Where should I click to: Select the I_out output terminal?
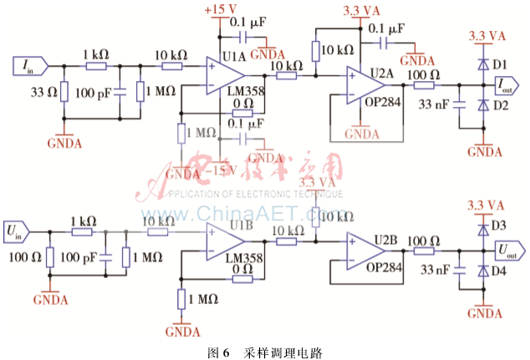[509, 84]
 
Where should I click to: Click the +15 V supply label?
[220, 10]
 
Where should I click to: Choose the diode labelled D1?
[482, 63]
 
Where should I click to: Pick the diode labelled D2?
[482, 105]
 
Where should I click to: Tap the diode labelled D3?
[482, 227]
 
